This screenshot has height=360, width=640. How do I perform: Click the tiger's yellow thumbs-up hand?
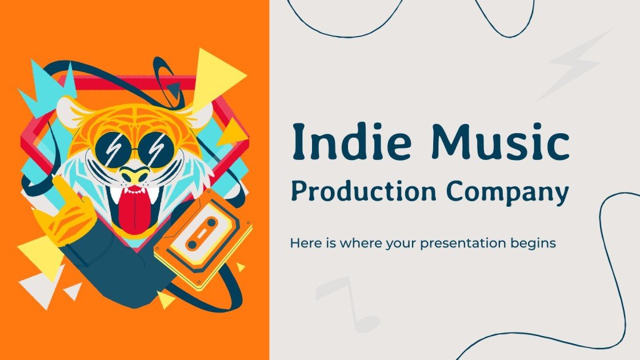[70, 211]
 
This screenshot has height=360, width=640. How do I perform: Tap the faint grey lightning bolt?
[571, 66]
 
